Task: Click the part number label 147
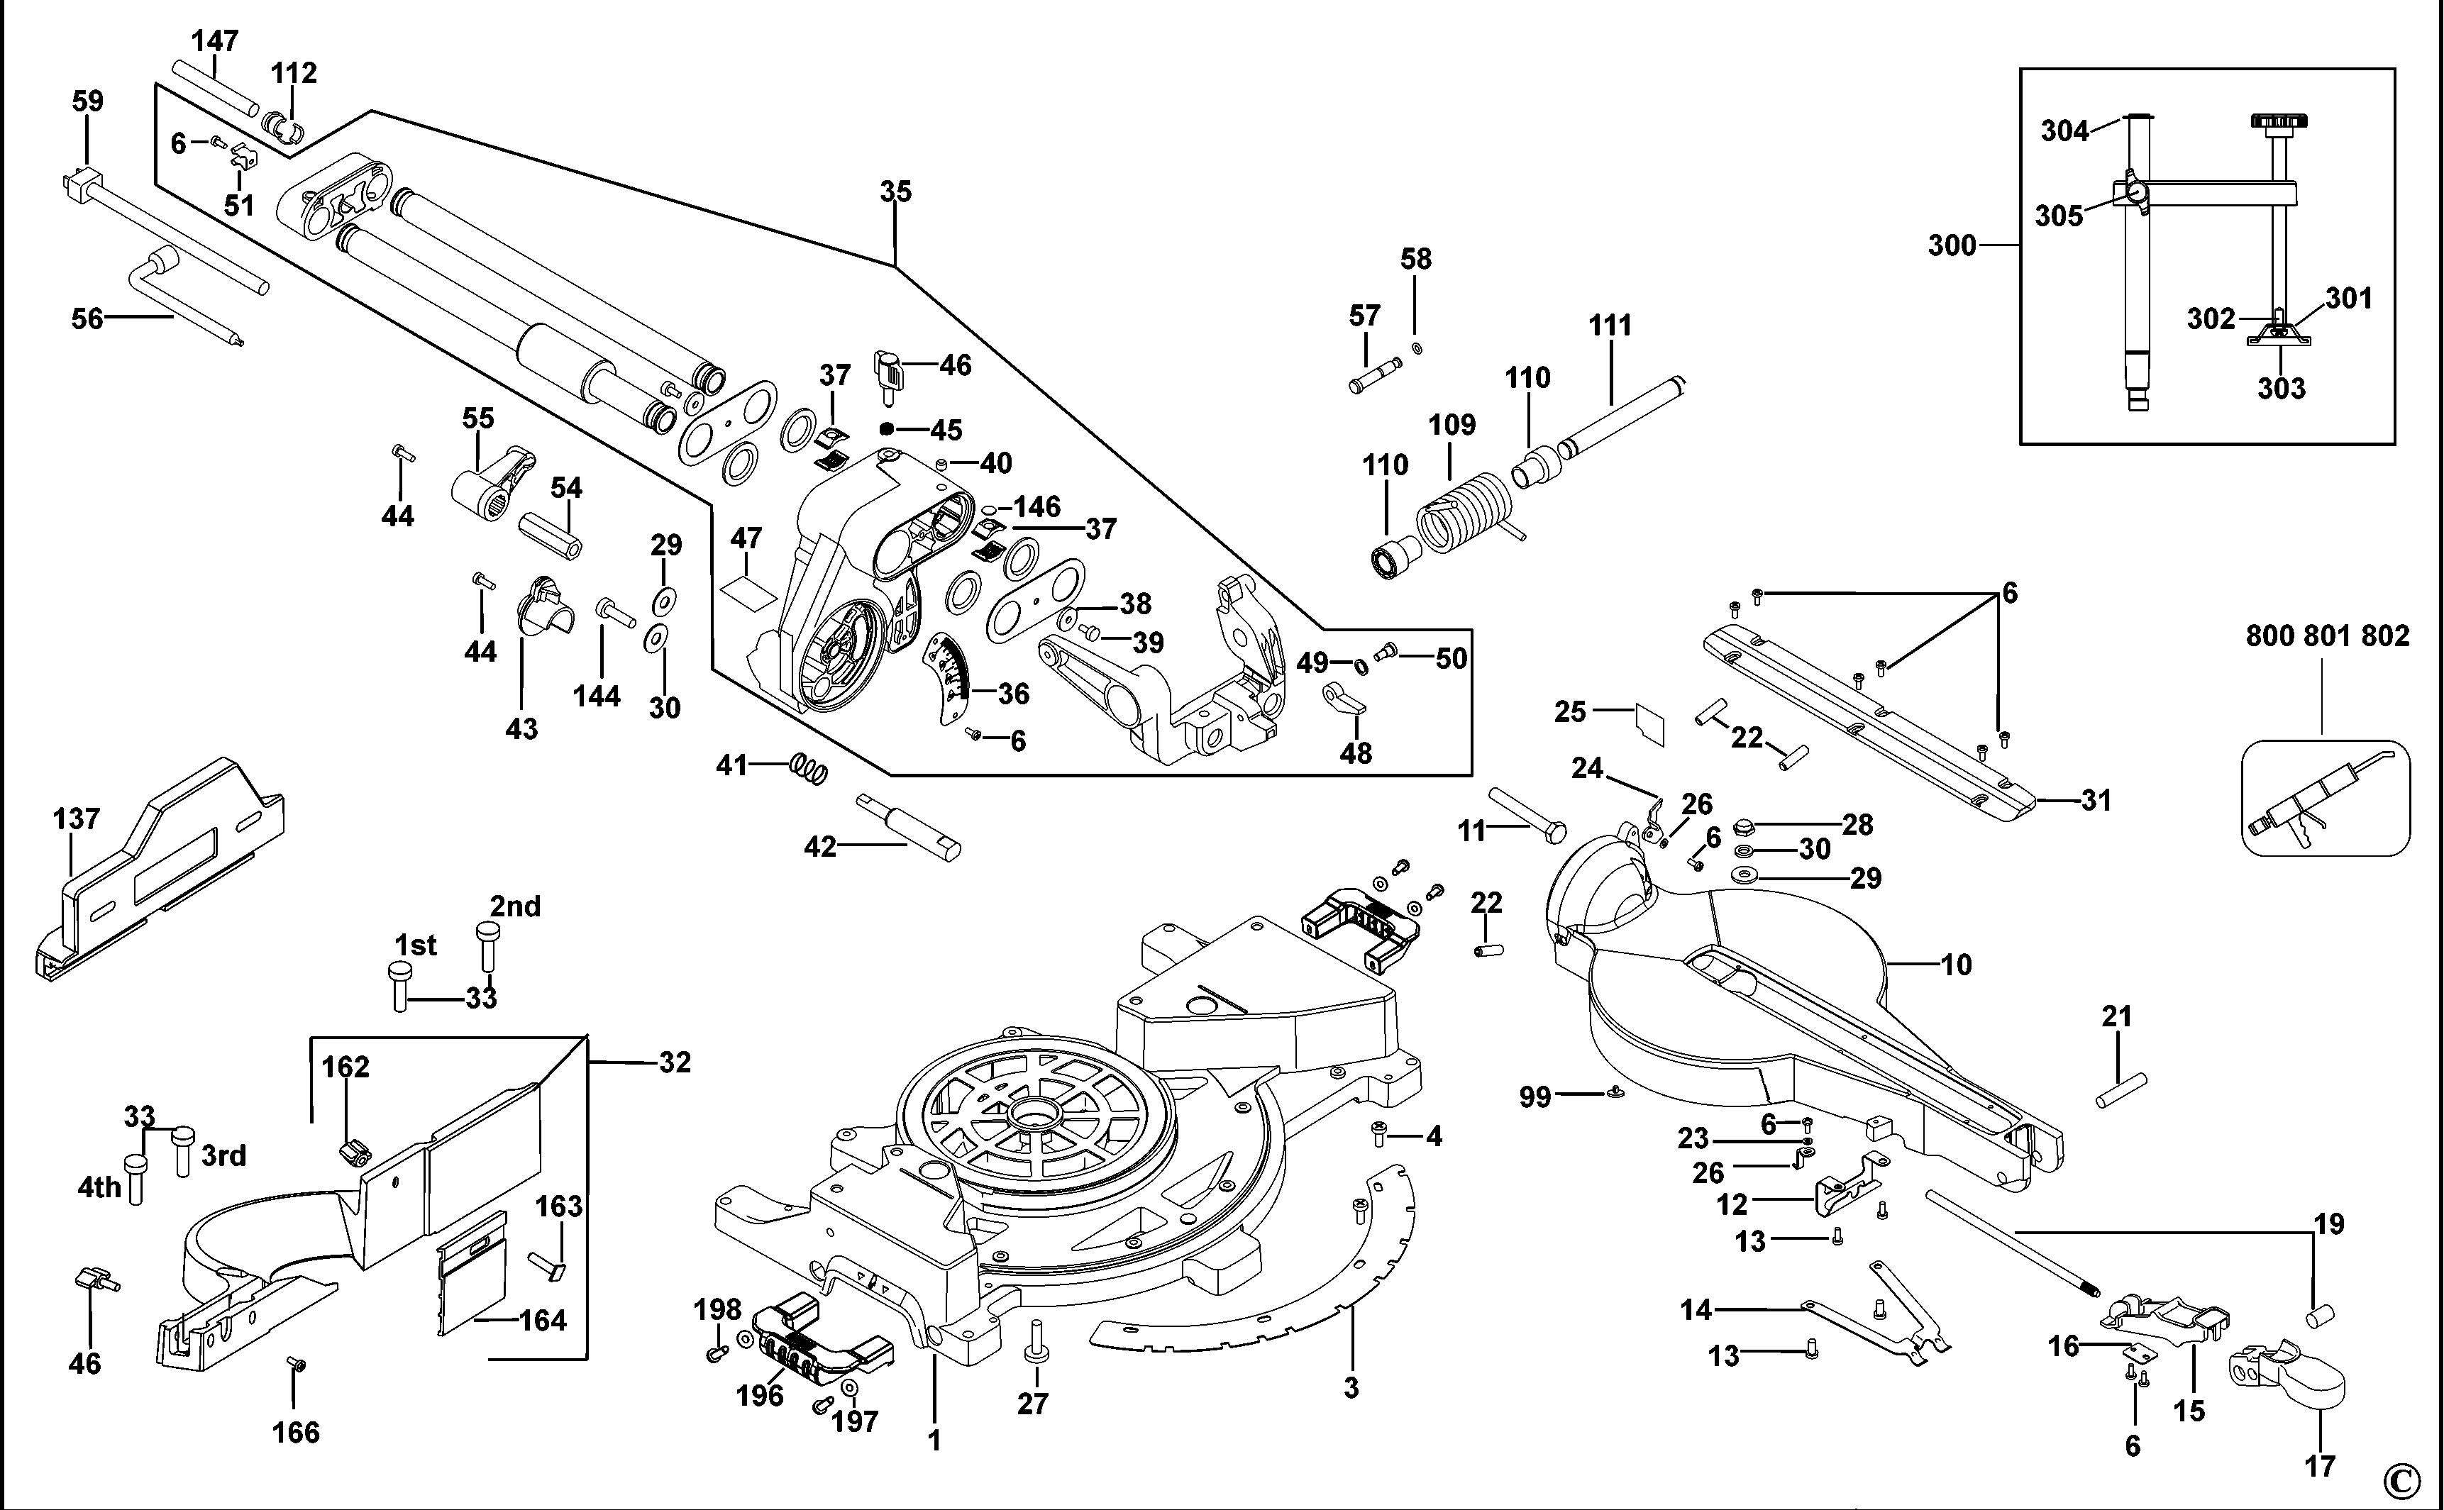pos(215,41)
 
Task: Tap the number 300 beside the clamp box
pos(1952,245)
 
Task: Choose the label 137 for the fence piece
pos(76,819)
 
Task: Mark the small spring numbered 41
pos(809,769)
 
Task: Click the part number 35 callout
pos(896,191)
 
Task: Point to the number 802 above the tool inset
pos(2385,635)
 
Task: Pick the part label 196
pos(760,1395)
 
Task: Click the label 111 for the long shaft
pos(1610,326)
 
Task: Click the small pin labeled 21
pos(2121,1089)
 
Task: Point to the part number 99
pos(1535,1097)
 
